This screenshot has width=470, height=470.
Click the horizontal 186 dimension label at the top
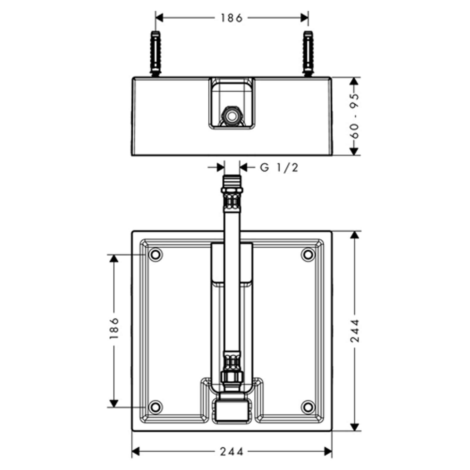click(x=231, y=18)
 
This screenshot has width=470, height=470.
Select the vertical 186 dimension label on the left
click(x=114, y=328)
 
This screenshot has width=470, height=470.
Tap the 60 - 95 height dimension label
click(x=355, y=116)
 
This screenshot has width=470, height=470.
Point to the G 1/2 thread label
click(x=279, y=167)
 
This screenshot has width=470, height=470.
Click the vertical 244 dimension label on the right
click(x=355, y=331)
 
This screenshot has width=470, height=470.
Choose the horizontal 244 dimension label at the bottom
click(x=232, y=451)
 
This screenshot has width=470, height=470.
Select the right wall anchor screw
click(x=308, y=53)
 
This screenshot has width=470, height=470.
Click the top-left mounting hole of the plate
click(x=155, y=254)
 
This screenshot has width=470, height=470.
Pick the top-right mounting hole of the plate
click(x=308, y=254)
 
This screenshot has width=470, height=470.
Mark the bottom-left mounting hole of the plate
click(x=155, y=407)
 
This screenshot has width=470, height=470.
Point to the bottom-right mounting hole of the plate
click(x=308, y=407)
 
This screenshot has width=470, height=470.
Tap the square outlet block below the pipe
click(x=232, y=410)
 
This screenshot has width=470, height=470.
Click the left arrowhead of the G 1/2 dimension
click(x=221, y=167)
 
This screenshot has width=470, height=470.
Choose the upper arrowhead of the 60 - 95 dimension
click(x=355, y=81)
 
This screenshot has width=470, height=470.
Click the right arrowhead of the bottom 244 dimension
click(x=328, y=451)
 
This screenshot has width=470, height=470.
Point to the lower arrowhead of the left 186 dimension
click(x=114, y=403)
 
